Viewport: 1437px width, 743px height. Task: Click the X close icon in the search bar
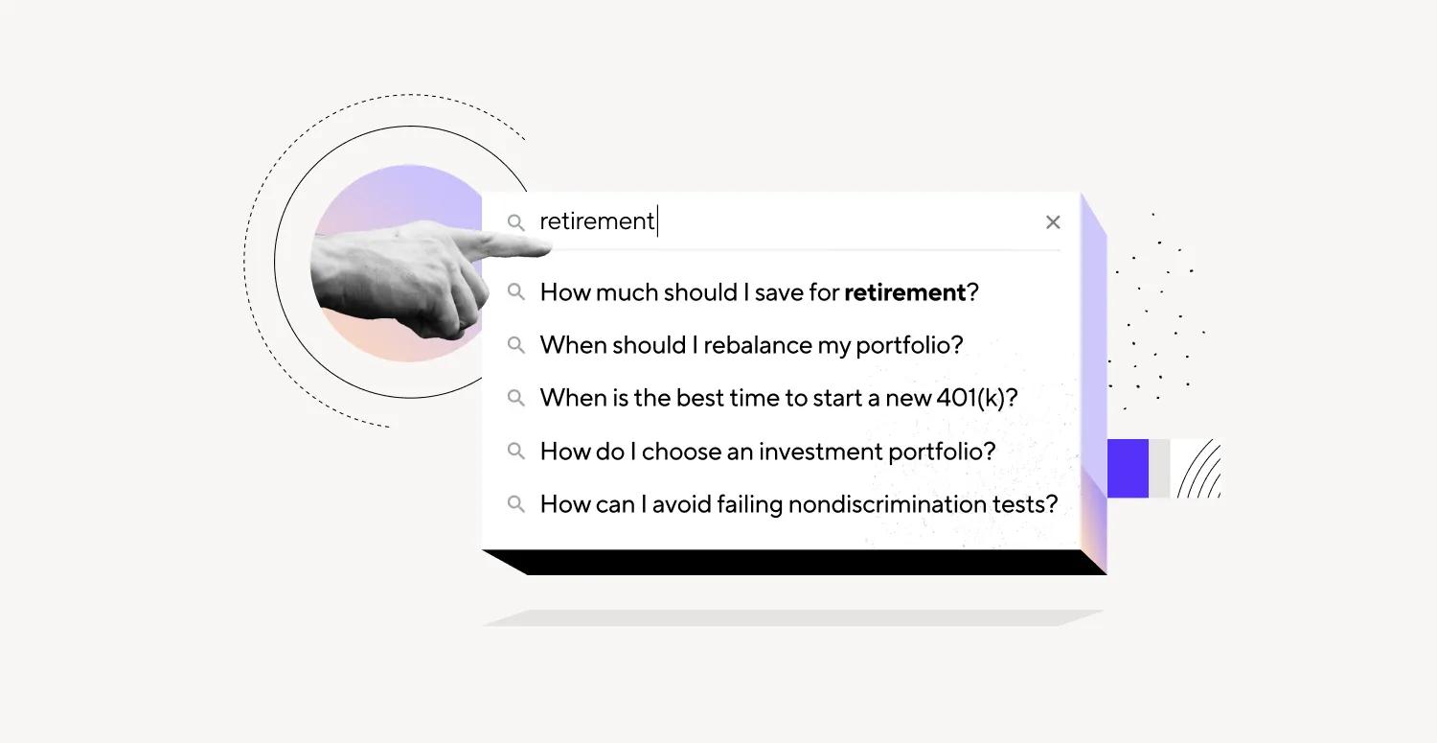click(1053, 222)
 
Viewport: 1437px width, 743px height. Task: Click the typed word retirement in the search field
click(597, 221)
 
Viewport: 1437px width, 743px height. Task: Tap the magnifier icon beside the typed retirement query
click(515, 222)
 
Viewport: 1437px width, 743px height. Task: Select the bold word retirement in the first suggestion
click(904, 292)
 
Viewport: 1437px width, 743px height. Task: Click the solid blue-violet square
click(1128, 468)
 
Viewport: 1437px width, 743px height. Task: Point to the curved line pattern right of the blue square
click(1199, 469)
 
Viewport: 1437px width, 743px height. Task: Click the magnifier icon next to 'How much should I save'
click(515, 292)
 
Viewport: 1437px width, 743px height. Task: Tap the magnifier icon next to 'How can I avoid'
click(515, 504)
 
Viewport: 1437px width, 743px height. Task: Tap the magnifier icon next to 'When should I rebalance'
click(515, 345)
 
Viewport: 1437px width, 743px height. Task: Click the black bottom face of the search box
click(795, 563)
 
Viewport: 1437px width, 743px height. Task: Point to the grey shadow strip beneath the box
click(793, 617)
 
